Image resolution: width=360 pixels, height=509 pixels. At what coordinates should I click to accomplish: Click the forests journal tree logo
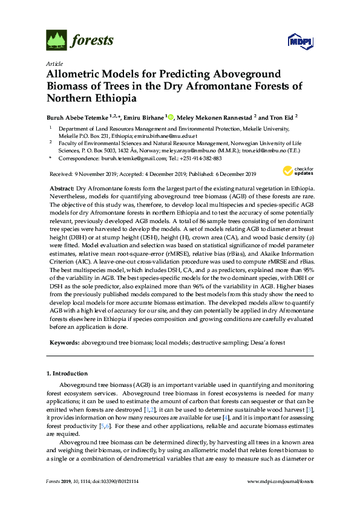click(x=56, y=41)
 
